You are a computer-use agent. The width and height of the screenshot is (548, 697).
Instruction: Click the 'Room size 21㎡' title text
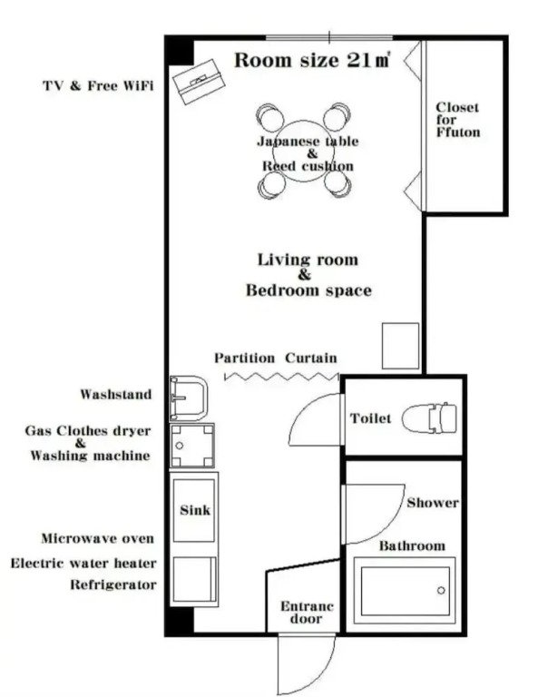click(312, 61)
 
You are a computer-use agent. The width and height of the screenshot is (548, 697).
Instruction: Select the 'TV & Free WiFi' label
click(98, 86)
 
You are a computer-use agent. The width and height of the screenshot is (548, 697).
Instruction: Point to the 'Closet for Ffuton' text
click(457, 120)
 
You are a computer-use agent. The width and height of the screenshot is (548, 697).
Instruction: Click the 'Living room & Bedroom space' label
click(308, 275)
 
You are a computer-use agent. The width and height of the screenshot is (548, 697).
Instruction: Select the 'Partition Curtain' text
click(276, 358)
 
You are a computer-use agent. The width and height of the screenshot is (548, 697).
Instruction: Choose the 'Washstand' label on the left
click(116, 395)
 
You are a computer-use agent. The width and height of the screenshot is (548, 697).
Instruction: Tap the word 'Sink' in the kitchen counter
click(194, 510)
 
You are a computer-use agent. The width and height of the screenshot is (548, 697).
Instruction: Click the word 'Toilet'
click(370, 418)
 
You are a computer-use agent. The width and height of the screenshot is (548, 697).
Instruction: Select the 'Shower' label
click(432, 503)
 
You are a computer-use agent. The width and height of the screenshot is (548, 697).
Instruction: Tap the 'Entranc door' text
click(306, 613)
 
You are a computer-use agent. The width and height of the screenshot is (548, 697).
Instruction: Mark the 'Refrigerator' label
click(113, 585)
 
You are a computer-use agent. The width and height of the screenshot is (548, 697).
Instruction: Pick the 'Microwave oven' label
click(97, 539)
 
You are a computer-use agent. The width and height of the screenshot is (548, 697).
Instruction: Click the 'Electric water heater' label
click(83, 563)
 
